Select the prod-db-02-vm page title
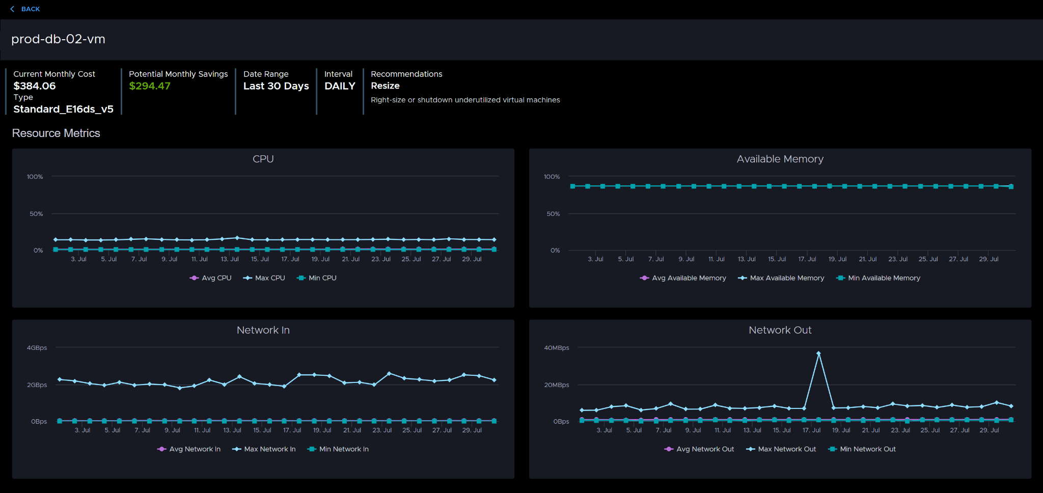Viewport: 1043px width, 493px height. click(x=58, y=39)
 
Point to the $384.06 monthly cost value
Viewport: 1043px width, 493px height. click(x=35, y=86)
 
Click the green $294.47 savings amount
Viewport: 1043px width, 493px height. click(x=150, y=86)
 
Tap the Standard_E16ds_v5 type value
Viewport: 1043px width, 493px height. click(x=63, y=109)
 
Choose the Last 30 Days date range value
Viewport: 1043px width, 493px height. click(x=276, y=86)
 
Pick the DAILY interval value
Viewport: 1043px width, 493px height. click(x=340, y=86)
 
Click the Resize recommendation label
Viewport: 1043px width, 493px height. click(x=385, y=86)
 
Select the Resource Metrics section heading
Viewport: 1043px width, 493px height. click(x=56, y=133)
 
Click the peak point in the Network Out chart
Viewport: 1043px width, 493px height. click(x=818, y=353)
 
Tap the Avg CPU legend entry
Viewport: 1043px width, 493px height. click(x=210, y=278)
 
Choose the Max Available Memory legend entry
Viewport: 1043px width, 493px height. click(x=781, y=278)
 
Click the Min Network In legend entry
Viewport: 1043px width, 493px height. click(x=338, y=449)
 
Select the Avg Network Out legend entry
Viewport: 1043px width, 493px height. click(x=699, y=449)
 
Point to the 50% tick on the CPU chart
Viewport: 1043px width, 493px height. click(x=36, y=214)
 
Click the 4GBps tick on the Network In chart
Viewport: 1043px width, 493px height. click(x=37, y=348)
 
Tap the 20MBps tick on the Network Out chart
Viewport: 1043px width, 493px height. click(x=557, y=385)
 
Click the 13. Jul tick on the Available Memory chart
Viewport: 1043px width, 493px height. click(x=747, y=259)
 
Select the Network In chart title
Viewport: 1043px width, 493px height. click(x=263, y=330)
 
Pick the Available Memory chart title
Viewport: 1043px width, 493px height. click(x=780, y=159)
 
